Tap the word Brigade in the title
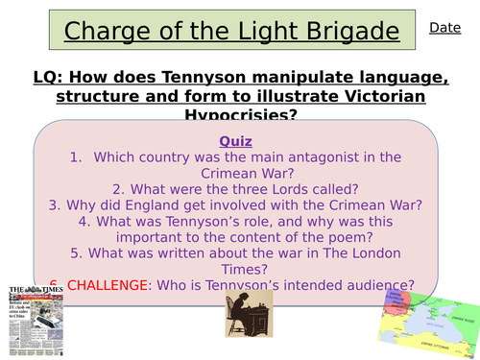(343, 32)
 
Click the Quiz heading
(235, 141)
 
